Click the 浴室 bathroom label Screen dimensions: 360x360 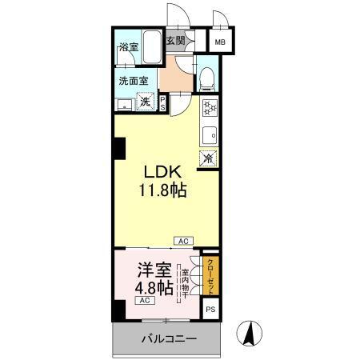pyautogui.click(x=126, y=46)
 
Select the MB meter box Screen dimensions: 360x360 pyautogui.click(x=218, y=42)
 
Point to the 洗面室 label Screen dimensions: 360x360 pyautogui.click(x=133, y=80)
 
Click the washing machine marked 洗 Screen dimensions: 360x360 pyautogui.click(x=146, y=102)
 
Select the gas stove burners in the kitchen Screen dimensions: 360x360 pyautogui.click(x=208, y=108)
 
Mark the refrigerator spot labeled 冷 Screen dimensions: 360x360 pyautogui.click(x=207, y=158)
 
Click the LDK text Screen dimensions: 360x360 pyautogui.click(x=165, y=173)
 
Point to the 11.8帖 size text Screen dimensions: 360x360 pyautogui.click(x=165, y=192)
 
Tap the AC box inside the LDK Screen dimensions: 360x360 pyautogui.click(x=182, y=240)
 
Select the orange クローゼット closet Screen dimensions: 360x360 pyautogui.click(x=210, y=274)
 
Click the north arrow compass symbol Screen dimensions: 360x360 pyautogui.click(x=249, y=334)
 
